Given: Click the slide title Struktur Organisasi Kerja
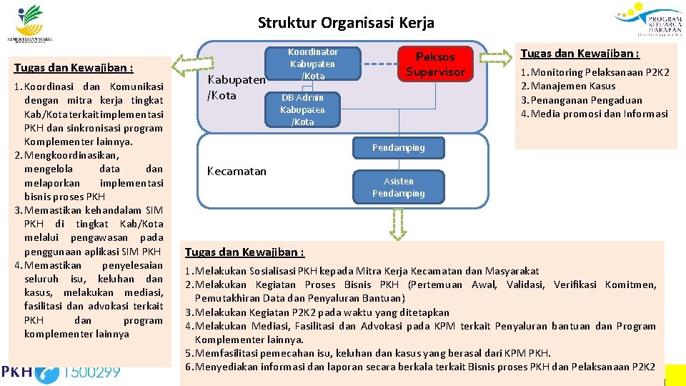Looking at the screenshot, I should coord(346,23).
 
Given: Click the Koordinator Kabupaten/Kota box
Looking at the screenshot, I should coord(312,64).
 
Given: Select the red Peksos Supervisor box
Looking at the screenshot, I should coord(435,64).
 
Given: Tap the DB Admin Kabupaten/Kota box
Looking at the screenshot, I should coord(302,109).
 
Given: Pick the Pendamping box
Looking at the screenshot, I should coord(398,148).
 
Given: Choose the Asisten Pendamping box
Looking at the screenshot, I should coord(398,187).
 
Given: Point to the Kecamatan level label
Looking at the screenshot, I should coord(237,171).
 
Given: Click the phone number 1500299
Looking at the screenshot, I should coord(91,371).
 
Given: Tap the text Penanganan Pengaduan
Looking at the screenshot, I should coord(586,100).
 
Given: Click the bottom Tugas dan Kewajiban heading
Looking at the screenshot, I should coord(244,252).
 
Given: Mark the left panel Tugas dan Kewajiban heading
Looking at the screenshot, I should coord(74,68).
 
